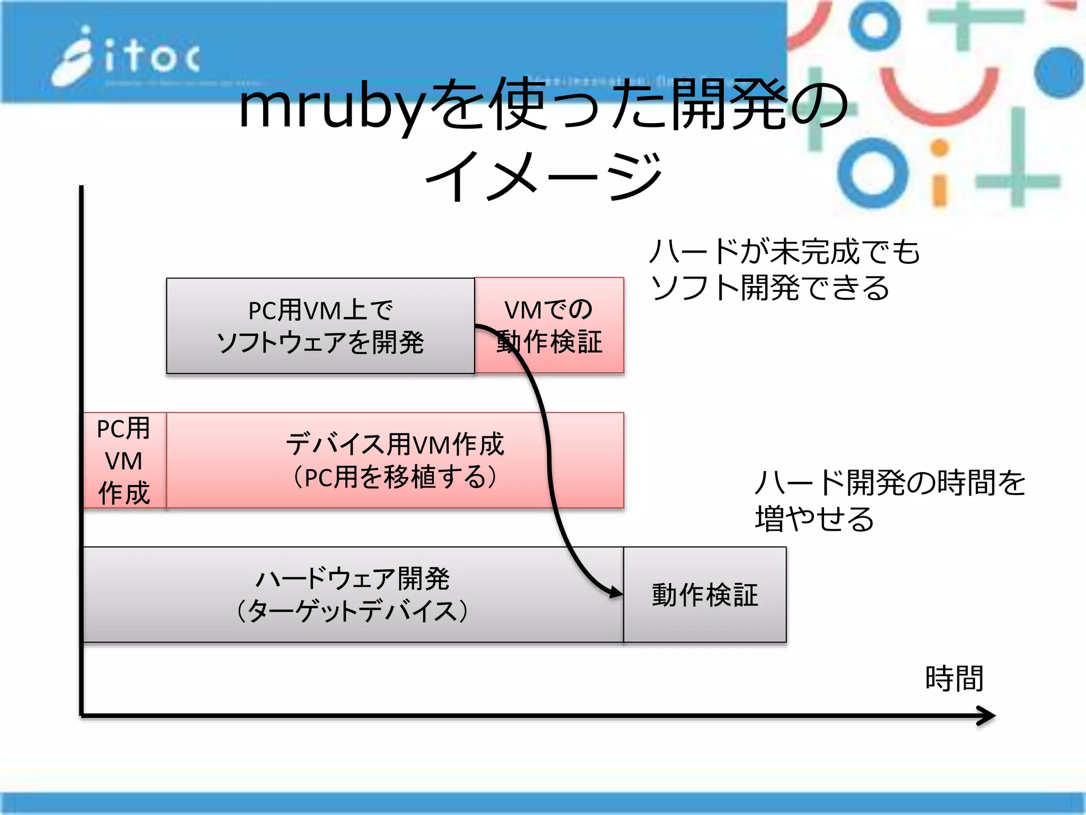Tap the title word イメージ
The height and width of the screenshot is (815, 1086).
click(x=544, y=175)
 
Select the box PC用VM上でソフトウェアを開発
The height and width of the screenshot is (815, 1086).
click(x=320, y=326)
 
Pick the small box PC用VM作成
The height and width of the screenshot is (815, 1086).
click(x=124, y=461)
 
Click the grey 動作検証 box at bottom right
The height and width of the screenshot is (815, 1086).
click(x=705, y=595)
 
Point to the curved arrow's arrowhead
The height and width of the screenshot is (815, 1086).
click(x=616, y=592)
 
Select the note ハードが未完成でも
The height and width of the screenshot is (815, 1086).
click(x=785, y=252)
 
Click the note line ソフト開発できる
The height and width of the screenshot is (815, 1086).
click(x=770, y=288)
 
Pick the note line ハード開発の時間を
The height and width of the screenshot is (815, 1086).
click(x=890, y=483)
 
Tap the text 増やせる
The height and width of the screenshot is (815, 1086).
click(x=814, y=519)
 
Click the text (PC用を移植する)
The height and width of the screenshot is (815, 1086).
click(x=395, y=477)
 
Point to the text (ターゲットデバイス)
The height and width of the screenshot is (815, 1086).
click(x=352, y=611)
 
